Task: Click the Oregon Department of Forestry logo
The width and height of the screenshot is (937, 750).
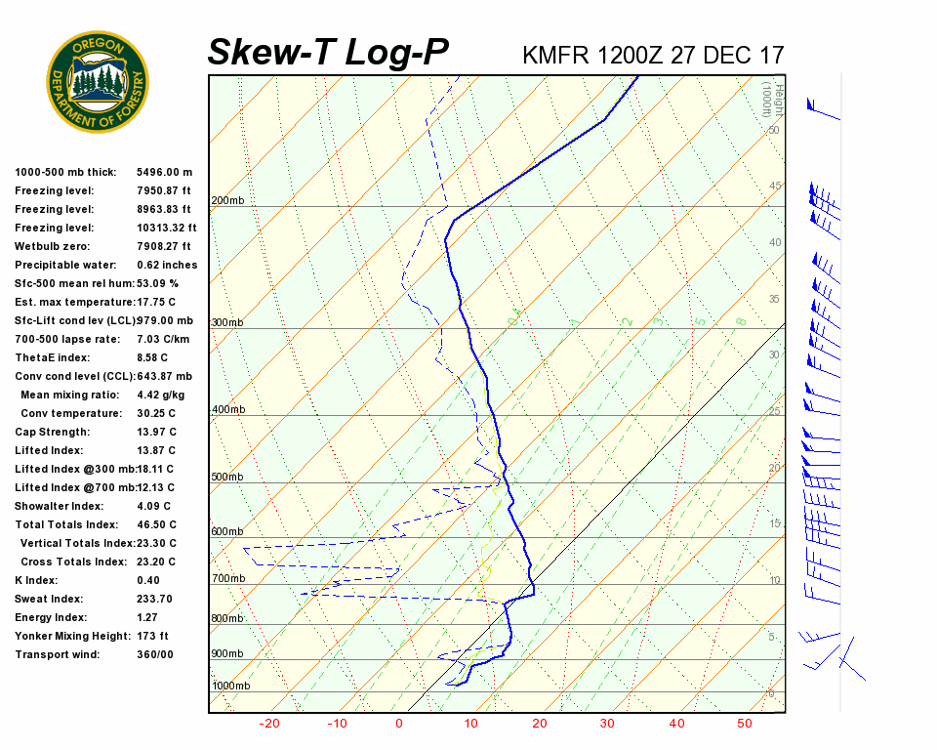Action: point(98,82)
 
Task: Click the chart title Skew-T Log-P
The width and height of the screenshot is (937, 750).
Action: point(328,52)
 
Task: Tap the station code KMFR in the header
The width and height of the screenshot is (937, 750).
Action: point(555,55)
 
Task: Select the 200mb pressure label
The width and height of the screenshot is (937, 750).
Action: point(226,201)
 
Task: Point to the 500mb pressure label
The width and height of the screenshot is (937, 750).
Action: point(226,478)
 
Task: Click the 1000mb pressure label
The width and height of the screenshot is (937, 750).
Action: point(231,687)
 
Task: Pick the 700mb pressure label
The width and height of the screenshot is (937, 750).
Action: point(227,579)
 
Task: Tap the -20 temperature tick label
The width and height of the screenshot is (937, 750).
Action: point(269,724)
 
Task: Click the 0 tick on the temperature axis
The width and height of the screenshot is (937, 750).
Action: point(398,724)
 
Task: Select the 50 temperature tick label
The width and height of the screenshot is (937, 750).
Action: point(744,724)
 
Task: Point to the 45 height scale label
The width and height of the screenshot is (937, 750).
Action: point(775,187)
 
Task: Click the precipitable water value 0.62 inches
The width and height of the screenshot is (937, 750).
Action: point(167,265)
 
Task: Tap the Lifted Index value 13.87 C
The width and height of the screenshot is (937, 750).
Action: point(156,450)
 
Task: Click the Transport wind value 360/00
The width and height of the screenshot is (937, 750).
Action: point(155,654)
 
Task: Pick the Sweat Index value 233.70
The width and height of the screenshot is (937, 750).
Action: point(154,599)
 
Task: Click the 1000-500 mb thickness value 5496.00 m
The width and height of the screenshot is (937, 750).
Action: point(165,172)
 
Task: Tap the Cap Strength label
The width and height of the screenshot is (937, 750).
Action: point(53,432)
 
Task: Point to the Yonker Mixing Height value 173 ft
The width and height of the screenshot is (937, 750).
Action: point(152,636)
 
